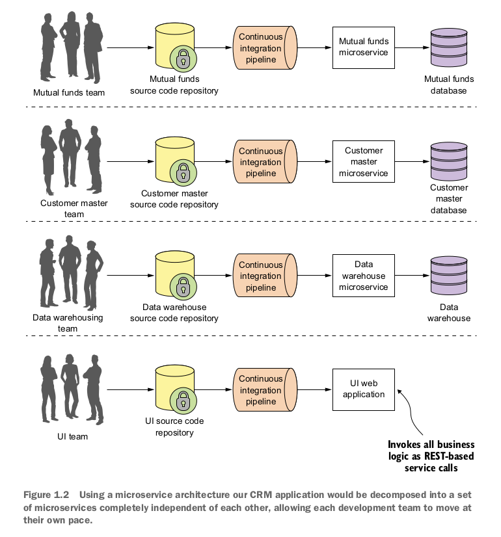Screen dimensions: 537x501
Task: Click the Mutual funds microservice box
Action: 363,47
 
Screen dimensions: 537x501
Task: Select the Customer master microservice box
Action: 363,162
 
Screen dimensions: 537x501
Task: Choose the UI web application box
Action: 363,389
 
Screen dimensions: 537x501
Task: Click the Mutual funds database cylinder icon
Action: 448,47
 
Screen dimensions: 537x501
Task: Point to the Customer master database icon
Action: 448,162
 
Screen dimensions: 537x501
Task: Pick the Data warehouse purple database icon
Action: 448,276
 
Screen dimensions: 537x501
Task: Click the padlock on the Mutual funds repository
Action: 183,59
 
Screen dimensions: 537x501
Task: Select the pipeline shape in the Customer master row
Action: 262,162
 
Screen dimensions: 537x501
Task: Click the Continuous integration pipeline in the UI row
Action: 262,389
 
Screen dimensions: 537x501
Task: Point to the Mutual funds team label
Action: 69,92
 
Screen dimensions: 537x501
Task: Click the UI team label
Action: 69,436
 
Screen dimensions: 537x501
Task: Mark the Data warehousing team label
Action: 68,323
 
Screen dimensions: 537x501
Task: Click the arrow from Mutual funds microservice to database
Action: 413,47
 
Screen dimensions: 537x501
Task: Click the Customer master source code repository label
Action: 174,199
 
